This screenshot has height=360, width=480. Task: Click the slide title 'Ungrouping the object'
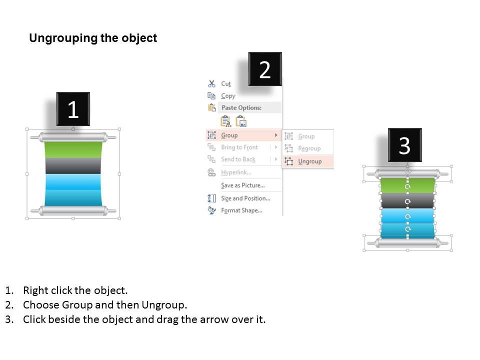93,38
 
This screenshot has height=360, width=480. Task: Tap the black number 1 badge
73,109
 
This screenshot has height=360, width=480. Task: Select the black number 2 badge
265,69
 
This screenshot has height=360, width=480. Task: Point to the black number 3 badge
404,145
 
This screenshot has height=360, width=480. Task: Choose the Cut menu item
226,84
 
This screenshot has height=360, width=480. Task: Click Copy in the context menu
228,96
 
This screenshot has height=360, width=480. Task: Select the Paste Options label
241,108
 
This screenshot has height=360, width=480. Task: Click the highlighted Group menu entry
229,135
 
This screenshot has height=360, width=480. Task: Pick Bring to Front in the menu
239,147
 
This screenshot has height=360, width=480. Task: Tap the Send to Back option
238,159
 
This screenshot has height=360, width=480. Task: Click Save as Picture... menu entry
243,185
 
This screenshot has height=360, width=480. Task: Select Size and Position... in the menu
245,198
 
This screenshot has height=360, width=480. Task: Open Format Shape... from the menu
241,210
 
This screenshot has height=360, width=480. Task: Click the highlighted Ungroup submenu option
309,161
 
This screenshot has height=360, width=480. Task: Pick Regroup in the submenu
309,148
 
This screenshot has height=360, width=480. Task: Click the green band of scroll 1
73,149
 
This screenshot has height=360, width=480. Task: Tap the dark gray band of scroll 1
73,165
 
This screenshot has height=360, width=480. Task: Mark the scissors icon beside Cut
212,84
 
